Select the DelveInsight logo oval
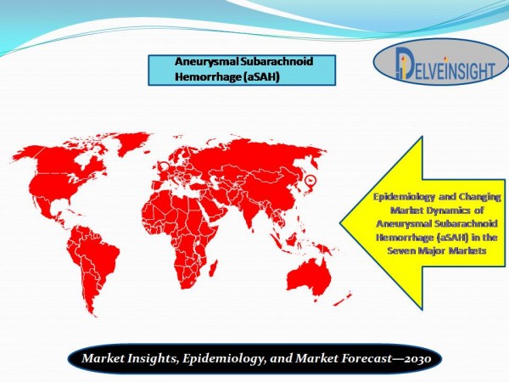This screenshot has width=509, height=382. coord(441,62)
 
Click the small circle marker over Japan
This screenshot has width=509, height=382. coord(310,179)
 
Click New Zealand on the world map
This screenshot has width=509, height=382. coord(343,299)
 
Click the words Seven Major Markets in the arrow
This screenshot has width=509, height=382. coord(436,250)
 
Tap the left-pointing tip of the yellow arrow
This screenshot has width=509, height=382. coord(340,223)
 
